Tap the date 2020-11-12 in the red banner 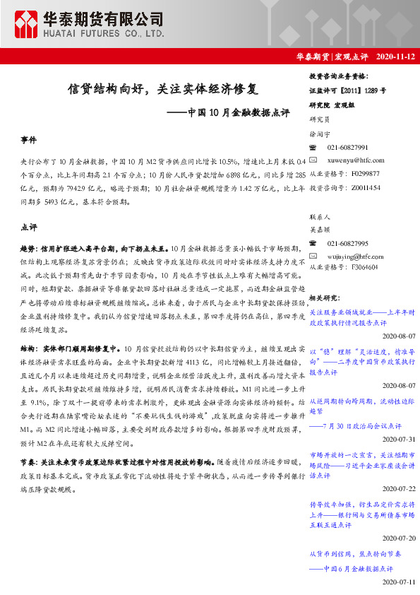(396, 56)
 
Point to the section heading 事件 (29, 141)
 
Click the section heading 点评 (29, 228)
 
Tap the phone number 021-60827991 (347, 147)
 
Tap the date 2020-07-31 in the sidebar (400, 438)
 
